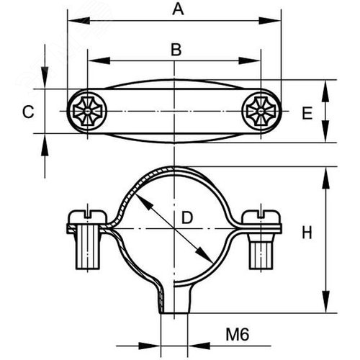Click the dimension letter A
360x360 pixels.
click(x=178, y=9)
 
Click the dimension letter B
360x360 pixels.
click(x=176, y=50)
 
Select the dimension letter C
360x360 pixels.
click(x=28, y=112)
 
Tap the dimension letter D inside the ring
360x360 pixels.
click(x=187, y=218)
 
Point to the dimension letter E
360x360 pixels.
click(x=307, y=113)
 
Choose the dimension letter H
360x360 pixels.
click(x=307, y=233)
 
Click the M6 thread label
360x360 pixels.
click(x=238, y=335)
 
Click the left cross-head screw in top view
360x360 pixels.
click(x=87, y=112)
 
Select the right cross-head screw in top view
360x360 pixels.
click(x=261, y=112)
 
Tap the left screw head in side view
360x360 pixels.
click(x=87, y=217)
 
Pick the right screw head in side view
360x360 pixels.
click(x=261, y=217)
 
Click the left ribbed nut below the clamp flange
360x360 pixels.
click(x=88, y=251)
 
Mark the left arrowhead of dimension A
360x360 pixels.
click(x=78, y=21)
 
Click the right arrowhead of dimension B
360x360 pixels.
click(x=249, y=60)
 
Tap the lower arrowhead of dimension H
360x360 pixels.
click(x=325, y=302)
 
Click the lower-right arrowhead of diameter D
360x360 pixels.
click(x=204, y=254)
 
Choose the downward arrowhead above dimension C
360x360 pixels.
click(x=45, y=77)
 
